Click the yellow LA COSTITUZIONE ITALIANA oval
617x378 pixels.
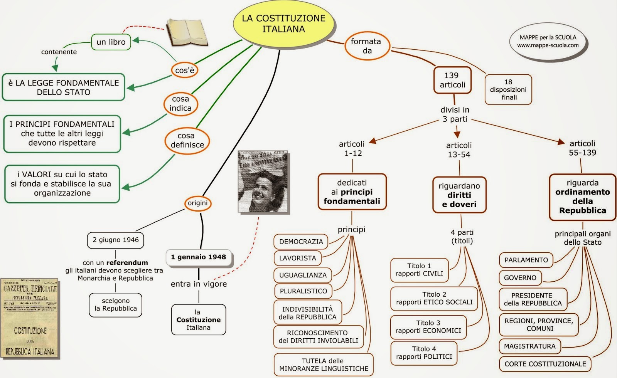(283, 24)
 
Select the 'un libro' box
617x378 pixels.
(111, 42)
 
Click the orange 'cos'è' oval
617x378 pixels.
(185, 70)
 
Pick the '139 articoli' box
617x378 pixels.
(452, 80)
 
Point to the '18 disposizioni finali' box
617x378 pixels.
(508, 89)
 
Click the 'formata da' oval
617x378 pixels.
(367, 46)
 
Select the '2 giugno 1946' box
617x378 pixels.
(116, 240)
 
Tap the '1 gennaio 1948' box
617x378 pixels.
(199, 257)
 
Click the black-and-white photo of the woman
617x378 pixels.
(263, 182)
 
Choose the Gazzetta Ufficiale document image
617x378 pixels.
(30, 318)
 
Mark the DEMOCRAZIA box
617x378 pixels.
(301, 242)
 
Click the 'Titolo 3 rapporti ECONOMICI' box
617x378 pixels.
(428, 327)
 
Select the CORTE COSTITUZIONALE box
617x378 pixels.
(545, 364)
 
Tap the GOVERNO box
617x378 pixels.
(520, 278)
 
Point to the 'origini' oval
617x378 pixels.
(198, 203)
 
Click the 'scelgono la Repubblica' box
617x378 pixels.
(116, 305)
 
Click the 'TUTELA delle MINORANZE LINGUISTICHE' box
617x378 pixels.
(324, 365)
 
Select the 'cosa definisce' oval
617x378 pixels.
(187, 140)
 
